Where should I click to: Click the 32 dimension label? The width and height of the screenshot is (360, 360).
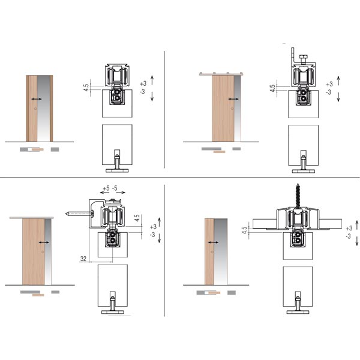(83, 259)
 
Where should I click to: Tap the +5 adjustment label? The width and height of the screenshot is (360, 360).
(106, 188)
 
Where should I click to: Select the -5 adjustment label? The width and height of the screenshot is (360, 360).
(115, 188)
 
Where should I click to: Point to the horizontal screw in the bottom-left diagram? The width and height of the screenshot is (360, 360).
(80, 214)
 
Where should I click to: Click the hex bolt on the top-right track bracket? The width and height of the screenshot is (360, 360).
(303, 59)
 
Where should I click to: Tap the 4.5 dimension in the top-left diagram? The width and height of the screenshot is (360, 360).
(86, 88)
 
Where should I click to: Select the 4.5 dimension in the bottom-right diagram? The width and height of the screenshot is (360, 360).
(244, 230)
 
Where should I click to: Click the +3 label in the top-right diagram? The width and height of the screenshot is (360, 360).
(329, 84)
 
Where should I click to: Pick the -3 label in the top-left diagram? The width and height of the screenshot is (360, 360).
(143, 91)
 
